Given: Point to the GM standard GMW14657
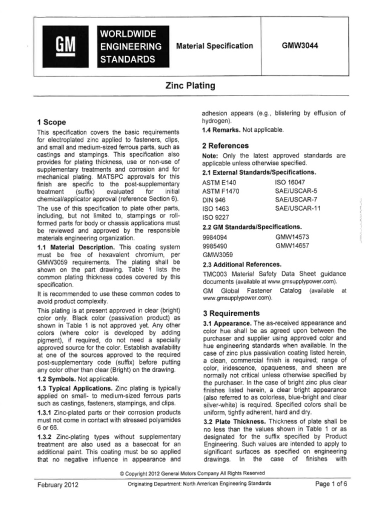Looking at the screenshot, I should pyautogui.click(x=295, y=245).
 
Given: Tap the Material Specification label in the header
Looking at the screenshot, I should pyautogui.click(x=214, y=46).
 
